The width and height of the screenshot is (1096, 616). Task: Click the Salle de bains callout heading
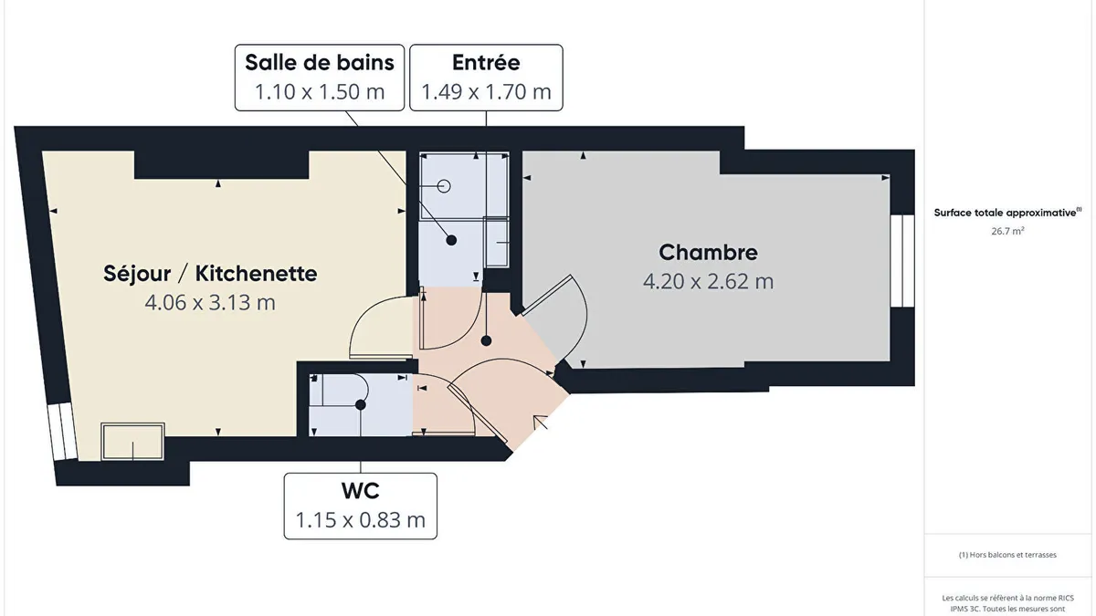(x=320, y=63)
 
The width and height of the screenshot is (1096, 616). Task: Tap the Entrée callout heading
(x=486, y=62)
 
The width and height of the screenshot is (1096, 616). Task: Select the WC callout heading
(x=361, y=491)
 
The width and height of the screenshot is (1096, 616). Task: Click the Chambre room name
(x=708, y=252)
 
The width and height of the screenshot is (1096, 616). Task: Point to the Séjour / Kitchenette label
(x=210, y=273)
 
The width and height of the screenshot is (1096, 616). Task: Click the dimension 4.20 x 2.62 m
(x=708, y=281)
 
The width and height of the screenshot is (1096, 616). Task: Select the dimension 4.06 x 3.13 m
(x=210, y=303)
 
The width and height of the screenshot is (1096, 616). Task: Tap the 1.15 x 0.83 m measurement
(x=361, y=519)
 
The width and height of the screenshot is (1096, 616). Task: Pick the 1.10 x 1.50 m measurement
(x=320, y=92)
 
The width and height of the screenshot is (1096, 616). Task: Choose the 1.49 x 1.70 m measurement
(x=486, y=92)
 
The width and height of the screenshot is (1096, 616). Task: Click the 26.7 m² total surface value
(x=1007, y=231)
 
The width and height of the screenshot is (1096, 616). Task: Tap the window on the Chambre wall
(x=902, y=261)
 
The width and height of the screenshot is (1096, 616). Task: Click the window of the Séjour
(x=62, y=432)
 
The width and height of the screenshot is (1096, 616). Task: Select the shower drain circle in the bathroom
(x=444, y=186)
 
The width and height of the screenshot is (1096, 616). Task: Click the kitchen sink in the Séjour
(x=132, y=442)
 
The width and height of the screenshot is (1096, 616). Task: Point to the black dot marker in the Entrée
(x=486, y=340)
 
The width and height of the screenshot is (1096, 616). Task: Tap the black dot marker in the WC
(x=361, y=405)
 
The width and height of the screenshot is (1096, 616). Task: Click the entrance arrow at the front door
(x=540, y=423)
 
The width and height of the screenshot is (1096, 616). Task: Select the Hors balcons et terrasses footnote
(x=1007, y=555)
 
